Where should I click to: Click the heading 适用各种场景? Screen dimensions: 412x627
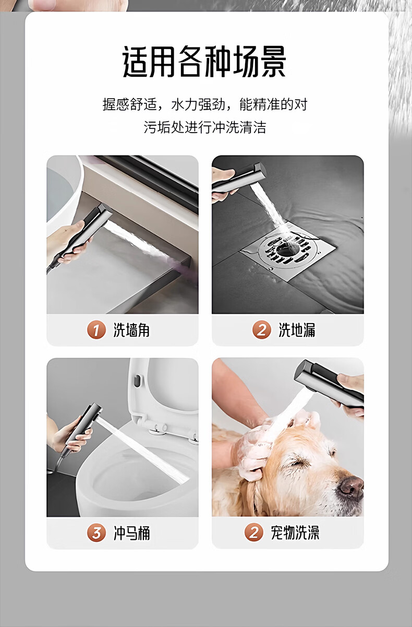click(x=204, y=61)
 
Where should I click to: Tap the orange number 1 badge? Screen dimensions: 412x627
click(x=96, y=330)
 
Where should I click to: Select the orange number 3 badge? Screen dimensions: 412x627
click(x=96, y=533)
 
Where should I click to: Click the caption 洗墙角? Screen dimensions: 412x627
click(x=131, y=330)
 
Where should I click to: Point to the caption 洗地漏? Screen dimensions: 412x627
click(x=297, y=330)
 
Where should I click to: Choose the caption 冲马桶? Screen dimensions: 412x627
click(x=131, y=533)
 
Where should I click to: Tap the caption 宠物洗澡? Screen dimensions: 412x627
click(x=295, y=533)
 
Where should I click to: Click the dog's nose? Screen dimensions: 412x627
click(x=351, y=488)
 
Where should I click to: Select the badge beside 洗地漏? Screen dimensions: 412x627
click(x=261, y=330)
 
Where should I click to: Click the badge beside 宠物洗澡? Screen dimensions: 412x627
click(x=253, y=533)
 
